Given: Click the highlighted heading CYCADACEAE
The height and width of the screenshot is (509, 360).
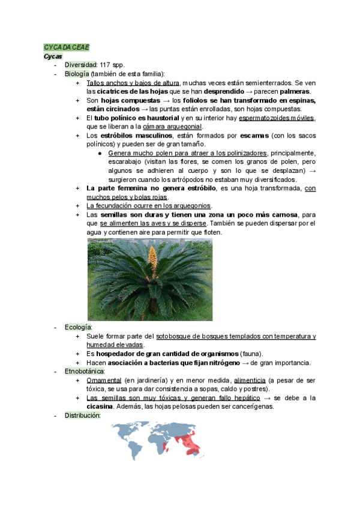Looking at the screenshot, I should tap(66, 47).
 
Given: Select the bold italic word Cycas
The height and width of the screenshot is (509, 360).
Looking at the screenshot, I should tap(53, 56).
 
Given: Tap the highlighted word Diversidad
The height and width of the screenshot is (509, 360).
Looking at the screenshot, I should tap(80, 65).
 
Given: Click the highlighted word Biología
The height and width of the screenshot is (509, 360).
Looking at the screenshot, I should tap(77, 74).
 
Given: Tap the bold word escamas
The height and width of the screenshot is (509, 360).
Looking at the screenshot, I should tap(255, 136).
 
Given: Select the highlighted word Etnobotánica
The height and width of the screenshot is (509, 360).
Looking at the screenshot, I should tap(85, 372).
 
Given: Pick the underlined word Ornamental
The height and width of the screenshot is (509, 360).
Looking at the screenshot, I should tap(104, 381).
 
